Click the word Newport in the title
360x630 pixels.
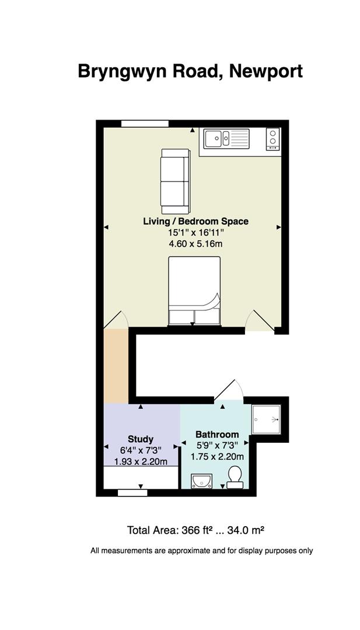pos(266,72)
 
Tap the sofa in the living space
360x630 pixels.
pos(175,181)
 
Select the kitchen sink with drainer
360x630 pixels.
pos(226,139)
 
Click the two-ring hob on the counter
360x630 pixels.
pos(273,139)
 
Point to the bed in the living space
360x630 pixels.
pos(194,290)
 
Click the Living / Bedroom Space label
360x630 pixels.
pos(195,221)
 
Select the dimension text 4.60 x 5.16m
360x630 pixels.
pos(195,243)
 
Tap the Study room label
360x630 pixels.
pos(141,439)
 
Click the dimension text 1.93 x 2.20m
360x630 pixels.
pos(141,461)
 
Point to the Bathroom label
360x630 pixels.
pos(217,435)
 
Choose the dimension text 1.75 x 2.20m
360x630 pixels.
pos(217,457)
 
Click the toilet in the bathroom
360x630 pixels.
pos(235,477)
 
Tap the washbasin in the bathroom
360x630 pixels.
pos(202,481)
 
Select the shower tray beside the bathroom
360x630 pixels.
pos(266,420)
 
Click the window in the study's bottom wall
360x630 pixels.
pos(132,493)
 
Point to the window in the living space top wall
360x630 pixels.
pos(145,123)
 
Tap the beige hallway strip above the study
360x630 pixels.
pos(116,366)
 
